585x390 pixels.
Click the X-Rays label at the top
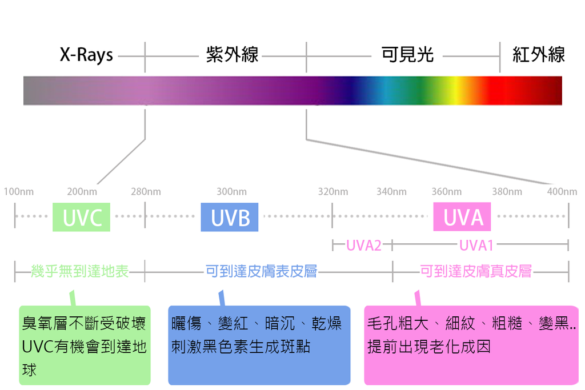coord(86,55)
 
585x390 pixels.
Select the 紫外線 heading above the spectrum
coord(232,55)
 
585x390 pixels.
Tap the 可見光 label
coord(407,55)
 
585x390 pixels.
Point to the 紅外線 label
coord(539,55)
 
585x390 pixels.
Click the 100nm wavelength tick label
coord(18,192)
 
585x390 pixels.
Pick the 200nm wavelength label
coord(82,192)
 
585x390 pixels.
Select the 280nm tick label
coord(146,192)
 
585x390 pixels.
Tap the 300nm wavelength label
coord(231,192)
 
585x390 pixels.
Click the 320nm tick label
coord(333,192)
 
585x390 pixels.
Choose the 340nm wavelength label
coord(391,192)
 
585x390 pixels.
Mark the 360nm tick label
coord(447,192)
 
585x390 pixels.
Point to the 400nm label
coord(562,192)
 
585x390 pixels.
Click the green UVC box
coord(81,218)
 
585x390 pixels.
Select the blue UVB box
coord(230,218)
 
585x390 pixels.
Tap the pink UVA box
coord(462,218)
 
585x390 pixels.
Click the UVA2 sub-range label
coord(363,246)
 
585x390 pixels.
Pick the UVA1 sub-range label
coord(476,246)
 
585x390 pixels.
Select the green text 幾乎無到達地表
coord(80,271)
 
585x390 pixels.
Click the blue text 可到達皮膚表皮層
coord(261,271)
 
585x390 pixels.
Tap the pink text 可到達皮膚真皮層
coord(476,271)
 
